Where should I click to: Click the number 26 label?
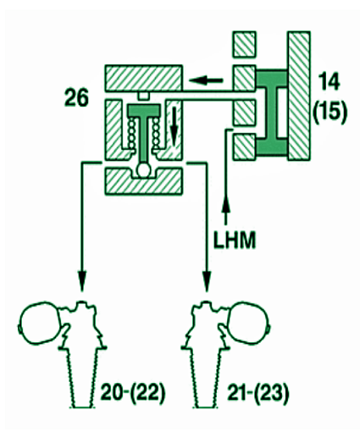[76, 97]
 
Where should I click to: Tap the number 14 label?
[329, 82]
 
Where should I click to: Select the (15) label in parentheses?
[330, 112]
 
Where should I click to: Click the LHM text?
[234, 240]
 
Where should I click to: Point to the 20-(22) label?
[132, 392]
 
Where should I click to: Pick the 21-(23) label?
[258, 392]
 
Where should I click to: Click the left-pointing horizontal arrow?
[206, 80]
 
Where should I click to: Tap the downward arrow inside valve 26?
[174, 126]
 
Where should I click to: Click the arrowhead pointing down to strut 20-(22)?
[82, 280]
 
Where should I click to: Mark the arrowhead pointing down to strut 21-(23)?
[207, 280]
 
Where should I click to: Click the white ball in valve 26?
[145, 170]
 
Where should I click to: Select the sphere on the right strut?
[248, 323]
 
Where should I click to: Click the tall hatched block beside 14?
[299, 96]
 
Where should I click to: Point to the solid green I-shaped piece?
[272, 113]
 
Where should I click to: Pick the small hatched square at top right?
[244, 44]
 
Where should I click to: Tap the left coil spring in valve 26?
[131, 133]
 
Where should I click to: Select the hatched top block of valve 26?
[143, 78]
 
